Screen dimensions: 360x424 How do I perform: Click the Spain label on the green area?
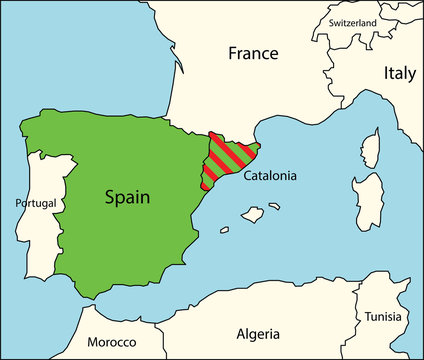click(x=127, y=197)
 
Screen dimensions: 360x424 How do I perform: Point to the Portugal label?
click(x=37, y=203)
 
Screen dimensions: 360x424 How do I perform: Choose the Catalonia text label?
click(x=271, y=175)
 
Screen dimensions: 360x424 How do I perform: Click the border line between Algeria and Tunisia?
click(x=361, y=310)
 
